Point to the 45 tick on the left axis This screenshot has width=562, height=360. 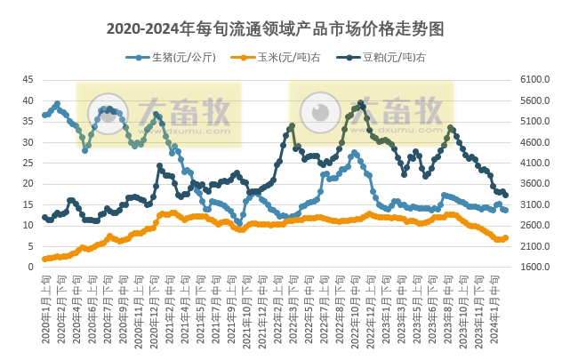(28, 79)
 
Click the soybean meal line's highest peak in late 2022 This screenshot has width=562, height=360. (360, 103)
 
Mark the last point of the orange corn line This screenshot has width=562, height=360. (505, 237)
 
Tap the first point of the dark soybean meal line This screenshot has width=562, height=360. (44, 217)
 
